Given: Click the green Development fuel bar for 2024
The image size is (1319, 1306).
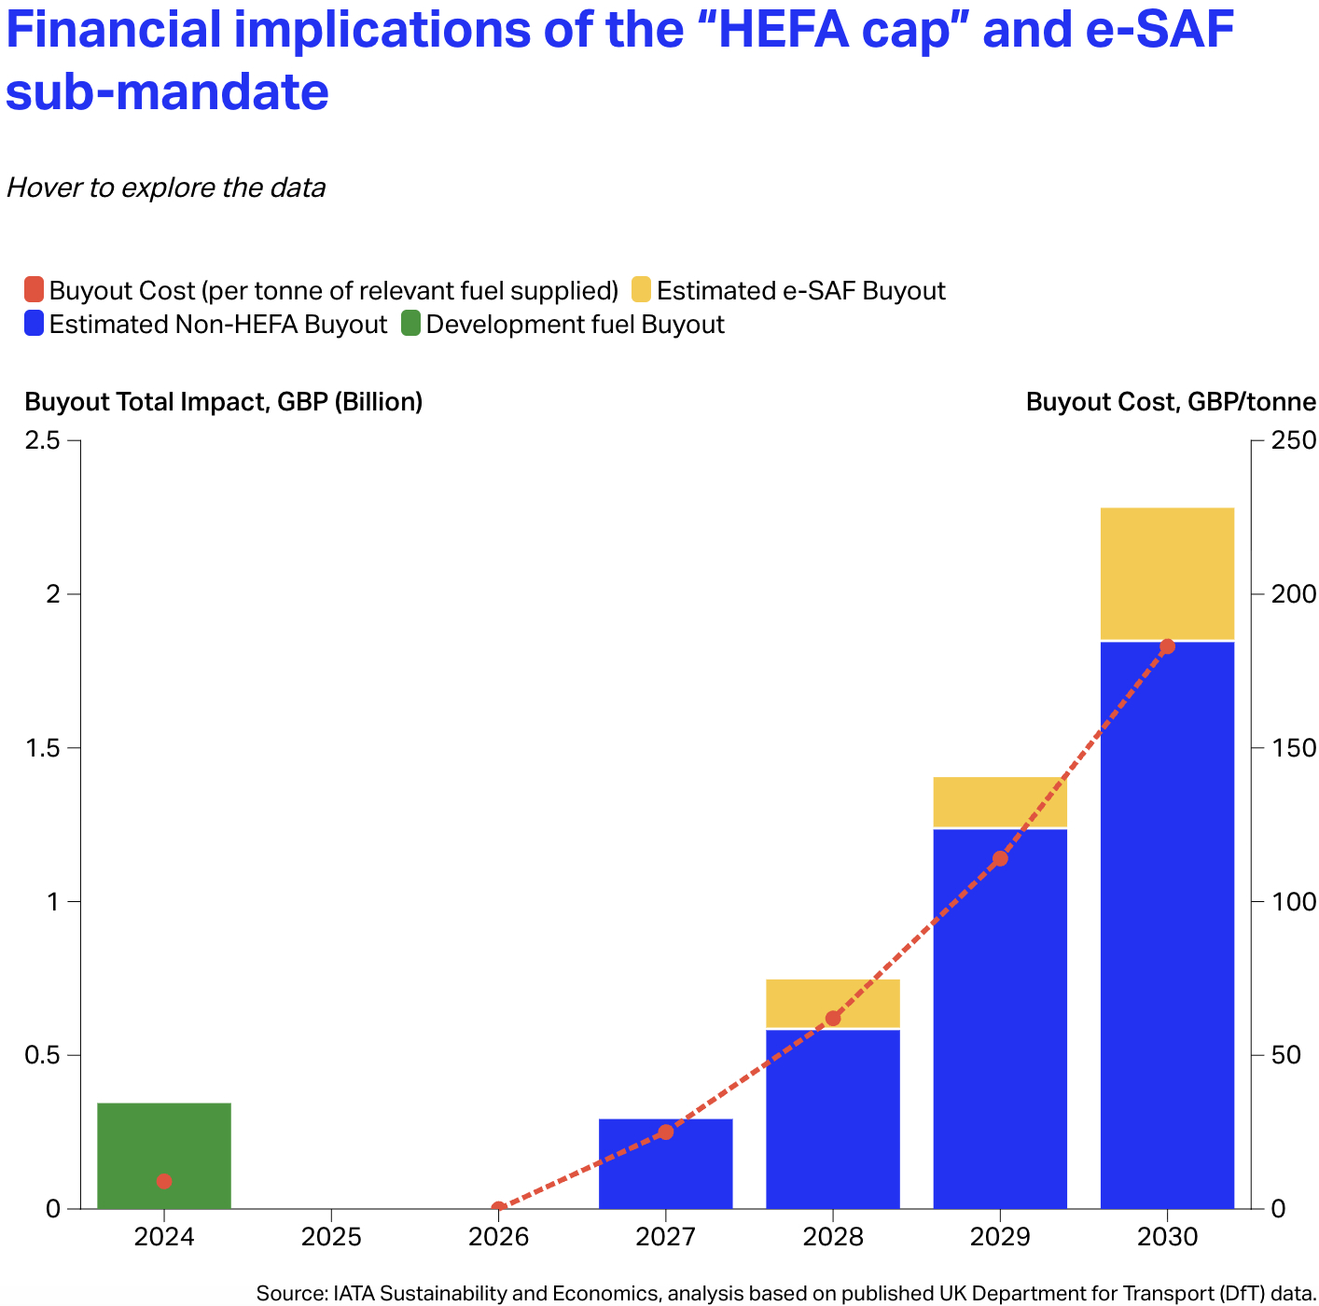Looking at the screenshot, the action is tap(163, 1155).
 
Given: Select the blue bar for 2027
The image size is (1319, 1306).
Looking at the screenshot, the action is tap(665, 1163).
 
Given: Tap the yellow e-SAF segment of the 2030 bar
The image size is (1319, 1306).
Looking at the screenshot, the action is tap(1166, 573).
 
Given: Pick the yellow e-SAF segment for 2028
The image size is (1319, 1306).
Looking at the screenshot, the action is tap(832, 1004).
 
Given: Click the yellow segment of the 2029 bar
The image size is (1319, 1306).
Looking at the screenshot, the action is tap(999, 802).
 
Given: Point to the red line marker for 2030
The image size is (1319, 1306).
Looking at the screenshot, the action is tap(1166, 646).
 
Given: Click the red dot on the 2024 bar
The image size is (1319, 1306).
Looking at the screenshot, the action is tap(163, 1181).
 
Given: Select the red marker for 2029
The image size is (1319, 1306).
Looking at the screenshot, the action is tap(999, 859).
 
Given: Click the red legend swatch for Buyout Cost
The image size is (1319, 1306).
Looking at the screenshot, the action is tap(34, 289).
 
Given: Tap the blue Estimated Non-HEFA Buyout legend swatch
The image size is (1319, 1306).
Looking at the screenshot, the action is tap(34, 324).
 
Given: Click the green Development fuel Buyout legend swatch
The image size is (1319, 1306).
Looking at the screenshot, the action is tap(410, 324).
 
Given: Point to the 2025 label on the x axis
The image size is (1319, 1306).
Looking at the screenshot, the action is tap(330, 1237).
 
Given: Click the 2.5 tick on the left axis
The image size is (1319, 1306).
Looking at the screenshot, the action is tap(42, 440).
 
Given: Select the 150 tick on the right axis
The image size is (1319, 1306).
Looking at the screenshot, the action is tap(1293, 748).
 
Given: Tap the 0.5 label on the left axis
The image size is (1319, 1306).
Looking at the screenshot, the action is tap(42, 1055).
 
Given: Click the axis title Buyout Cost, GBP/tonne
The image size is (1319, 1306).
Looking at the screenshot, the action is tap(1170, 402).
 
